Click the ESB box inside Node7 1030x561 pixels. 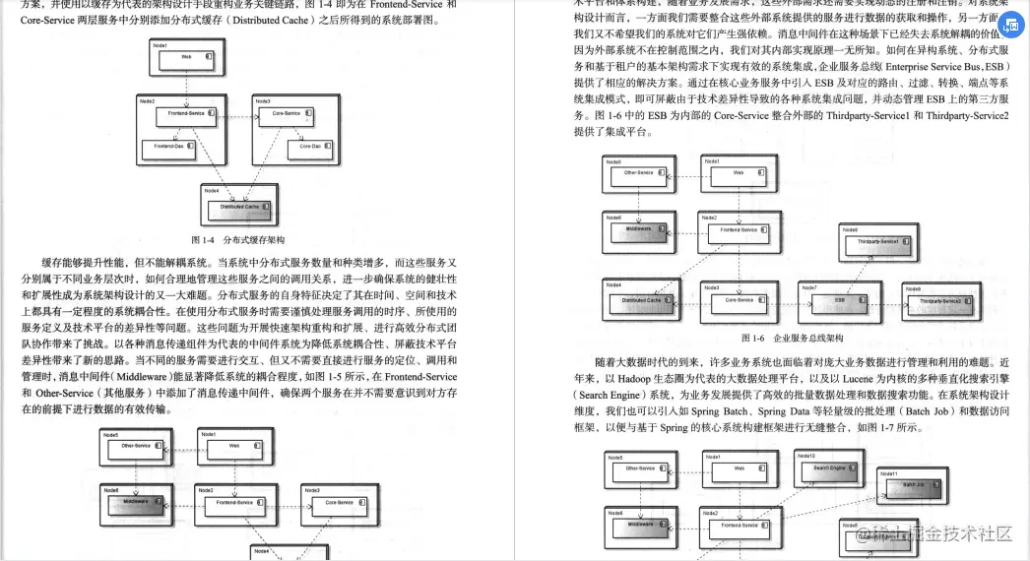pos(839,299)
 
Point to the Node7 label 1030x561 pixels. pos(808,287)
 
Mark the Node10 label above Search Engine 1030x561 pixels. pos(805,456)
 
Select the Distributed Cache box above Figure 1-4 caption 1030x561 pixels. pos(239,207)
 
